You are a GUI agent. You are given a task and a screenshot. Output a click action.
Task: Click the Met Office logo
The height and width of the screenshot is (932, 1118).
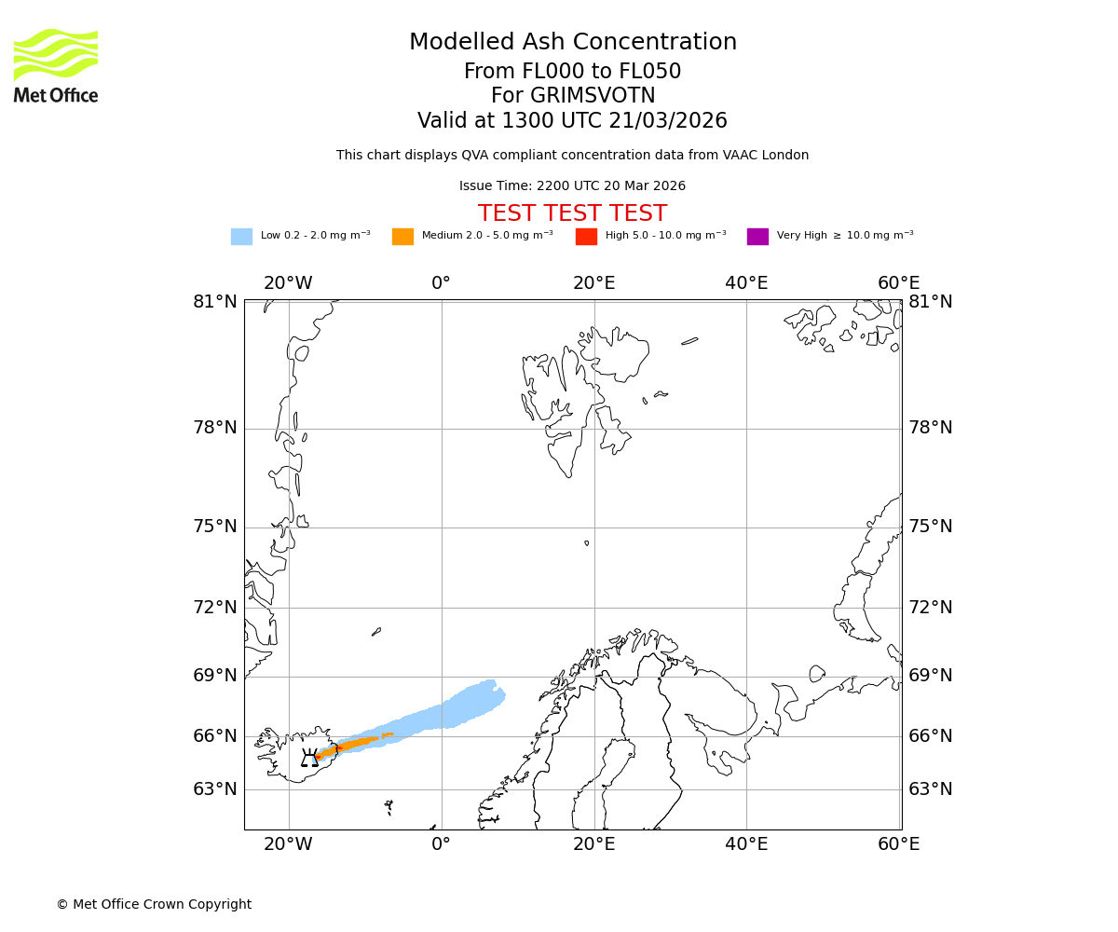coord(56,65)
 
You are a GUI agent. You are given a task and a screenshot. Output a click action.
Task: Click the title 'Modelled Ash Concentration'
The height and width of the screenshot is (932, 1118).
coord(572,43)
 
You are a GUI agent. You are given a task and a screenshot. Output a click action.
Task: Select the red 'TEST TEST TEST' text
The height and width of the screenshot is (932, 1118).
coord(572,213)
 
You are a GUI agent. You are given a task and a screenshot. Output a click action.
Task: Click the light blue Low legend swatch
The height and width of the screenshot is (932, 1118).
coord(241,237)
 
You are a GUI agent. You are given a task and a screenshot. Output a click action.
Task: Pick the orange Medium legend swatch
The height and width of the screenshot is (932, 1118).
coord(402,237)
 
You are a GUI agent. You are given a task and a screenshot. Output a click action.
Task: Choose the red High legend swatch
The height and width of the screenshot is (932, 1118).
coord(586,237)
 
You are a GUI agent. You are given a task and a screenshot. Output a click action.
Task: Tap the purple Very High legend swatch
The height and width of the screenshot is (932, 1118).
coord(757,237)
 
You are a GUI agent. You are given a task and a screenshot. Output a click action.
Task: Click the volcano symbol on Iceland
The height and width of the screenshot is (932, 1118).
coord(309,758)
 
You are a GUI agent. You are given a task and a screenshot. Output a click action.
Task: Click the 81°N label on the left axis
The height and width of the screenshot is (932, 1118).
coord(215,302)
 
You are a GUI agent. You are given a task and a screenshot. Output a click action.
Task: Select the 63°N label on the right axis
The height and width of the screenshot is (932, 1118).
coord(931,789)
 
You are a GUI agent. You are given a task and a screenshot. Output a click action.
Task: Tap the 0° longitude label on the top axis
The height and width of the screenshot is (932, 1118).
coord(441,283)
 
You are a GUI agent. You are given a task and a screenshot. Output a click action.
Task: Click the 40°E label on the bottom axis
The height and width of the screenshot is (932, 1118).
coord(746,844)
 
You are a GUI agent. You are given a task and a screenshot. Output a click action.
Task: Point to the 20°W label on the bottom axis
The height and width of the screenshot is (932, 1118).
coord(288,844)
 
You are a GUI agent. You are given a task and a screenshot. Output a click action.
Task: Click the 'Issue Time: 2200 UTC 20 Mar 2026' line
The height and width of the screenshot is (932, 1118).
coord(572,186)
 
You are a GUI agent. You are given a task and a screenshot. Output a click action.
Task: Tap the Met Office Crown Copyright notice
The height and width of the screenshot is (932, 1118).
coord(154,904)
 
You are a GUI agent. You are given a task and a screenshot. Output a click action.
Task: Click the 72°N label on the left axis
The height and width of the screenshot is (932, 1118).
coord(215,608)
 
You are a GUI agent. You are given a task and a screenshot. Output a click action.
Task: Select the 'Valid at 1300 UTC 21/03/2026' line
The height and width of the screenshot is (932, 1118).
coord(572,121)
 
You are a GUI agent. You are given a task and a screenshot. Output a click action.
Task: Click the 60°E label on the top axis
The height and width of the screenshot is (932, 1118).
coord(898,283)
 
